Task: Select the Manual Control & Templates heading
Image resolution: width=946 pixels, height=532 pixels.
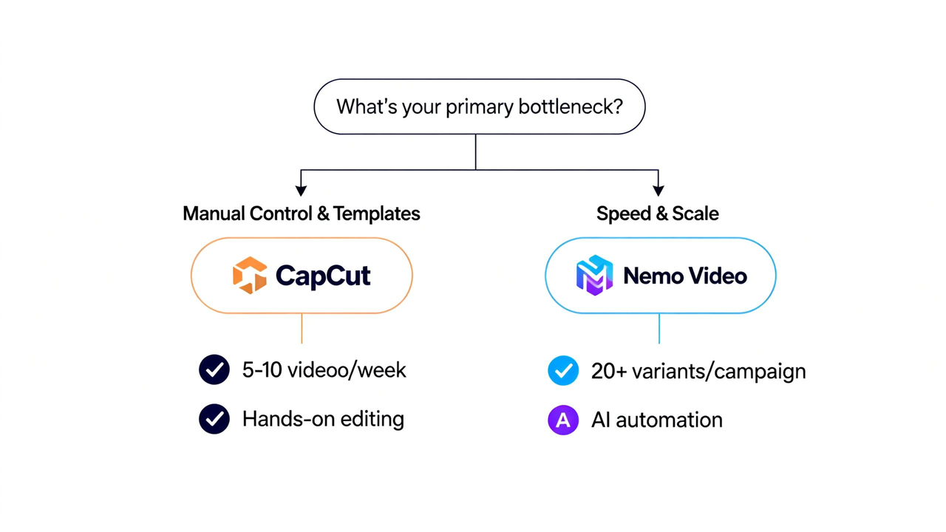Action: pyautogui.click(x=302, y=214)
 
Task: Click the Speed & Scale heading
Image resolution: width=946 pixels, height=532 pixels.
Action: pyautogui.click(x=657, y=214)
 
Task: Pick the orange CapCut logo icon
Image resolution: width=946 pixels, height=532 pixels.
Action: pyautogui.click(x=249, y=276)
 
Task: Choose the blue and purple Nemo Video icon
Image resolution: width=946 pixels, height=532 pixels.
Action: pyautogui.click(x=595, y=276)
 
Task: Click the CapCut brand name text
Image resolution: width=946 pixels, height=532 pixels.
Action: pyautogui.click(x=323, y=276)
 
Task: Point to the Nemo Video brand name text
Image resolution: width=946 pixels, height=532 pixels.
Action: pyautogui.click(x=685, y=276)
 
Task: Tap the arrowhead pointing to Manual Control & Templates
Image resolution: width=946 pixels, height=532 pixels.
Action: pyautogui.click(x=301, y=191)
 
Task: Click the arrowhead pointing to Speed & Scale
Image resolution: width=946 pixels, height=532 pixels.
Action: pyautogui.click(x=658, y=191)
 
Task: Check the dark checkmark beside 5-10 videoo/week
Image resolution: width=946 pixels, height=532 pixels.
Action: pyautogui.click(x=214, y=370)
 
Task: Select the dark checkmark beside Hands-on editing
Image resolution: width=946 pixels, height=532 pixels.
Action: pyautogui.click(x=214, y=420)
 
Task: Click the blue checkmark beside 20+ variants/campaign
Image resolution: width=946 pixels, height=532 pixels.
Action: pyautogui.click(x=563, y=371)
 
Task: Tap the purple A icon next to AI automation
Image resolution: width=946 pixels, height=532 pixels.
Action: pyautogui.click(x=563, y=420)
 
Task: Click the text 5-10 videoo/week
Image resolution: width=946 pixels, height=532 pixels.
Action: pyautogui.click(x=324, y=370)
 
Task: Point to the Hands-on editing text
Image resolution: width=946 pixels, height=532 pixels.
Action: pyautogui.click(x=323, y=420)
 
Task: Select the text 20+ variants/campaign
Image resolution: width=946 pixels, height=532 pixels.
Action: pyautogui.click(x=698, y=371)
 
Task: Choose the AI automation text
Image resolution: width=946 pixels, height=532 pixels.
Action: pyautogui.click(x=657, y=420)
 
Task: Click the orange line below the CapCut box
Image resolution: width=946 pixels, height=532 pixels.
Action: pyautogui.click(x=302, y=329)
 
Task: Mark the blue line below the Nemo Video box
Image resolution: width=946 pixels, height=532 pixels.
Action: pyautogui.click(x=659, y=329)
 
